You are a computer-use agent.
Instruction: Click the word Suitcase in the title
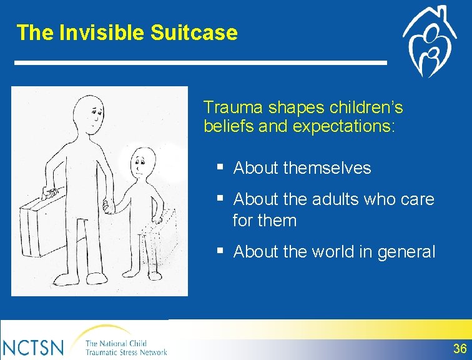(194, 32)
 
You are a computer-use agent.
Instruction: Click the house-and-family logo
(430, 42)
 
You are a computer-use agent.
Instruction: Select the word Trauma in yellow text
(233, 107)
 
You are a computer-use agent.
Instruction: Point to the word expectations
(343, 126)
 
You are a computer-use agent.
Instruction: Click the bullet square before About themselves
(220, 166)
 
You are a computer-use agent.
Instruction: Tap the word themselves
(327, 167)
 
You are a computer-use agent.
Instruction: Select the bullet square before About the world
(220, 250)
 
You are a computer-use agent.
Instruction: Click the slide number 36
(460, 349)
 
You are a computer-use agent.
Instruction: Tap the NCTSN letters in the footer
(32, 347)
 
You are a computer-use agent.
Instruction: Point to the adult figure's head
(89, 114)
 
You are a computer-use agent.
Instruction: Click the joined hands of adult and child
(109, 206)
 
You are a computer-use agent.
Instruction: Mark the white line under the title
(200, 62)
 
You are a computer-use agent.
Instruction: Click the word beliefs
(229, 126)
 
